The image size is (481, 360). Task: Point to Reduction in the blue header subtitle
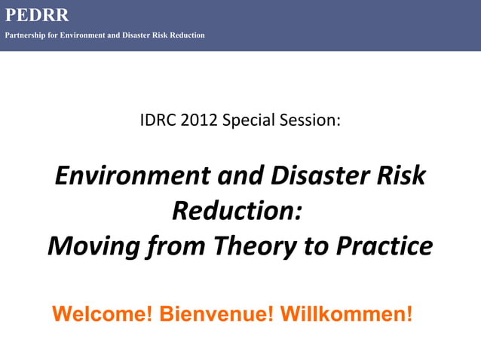(x=186, y=35)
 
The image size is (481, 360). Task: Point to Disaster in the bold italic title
(x=299, y=176)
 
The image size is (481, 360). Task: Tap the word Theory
(x=251, y=246)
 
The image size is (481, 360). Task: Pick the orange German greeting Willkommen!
(x=346, y=313)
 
